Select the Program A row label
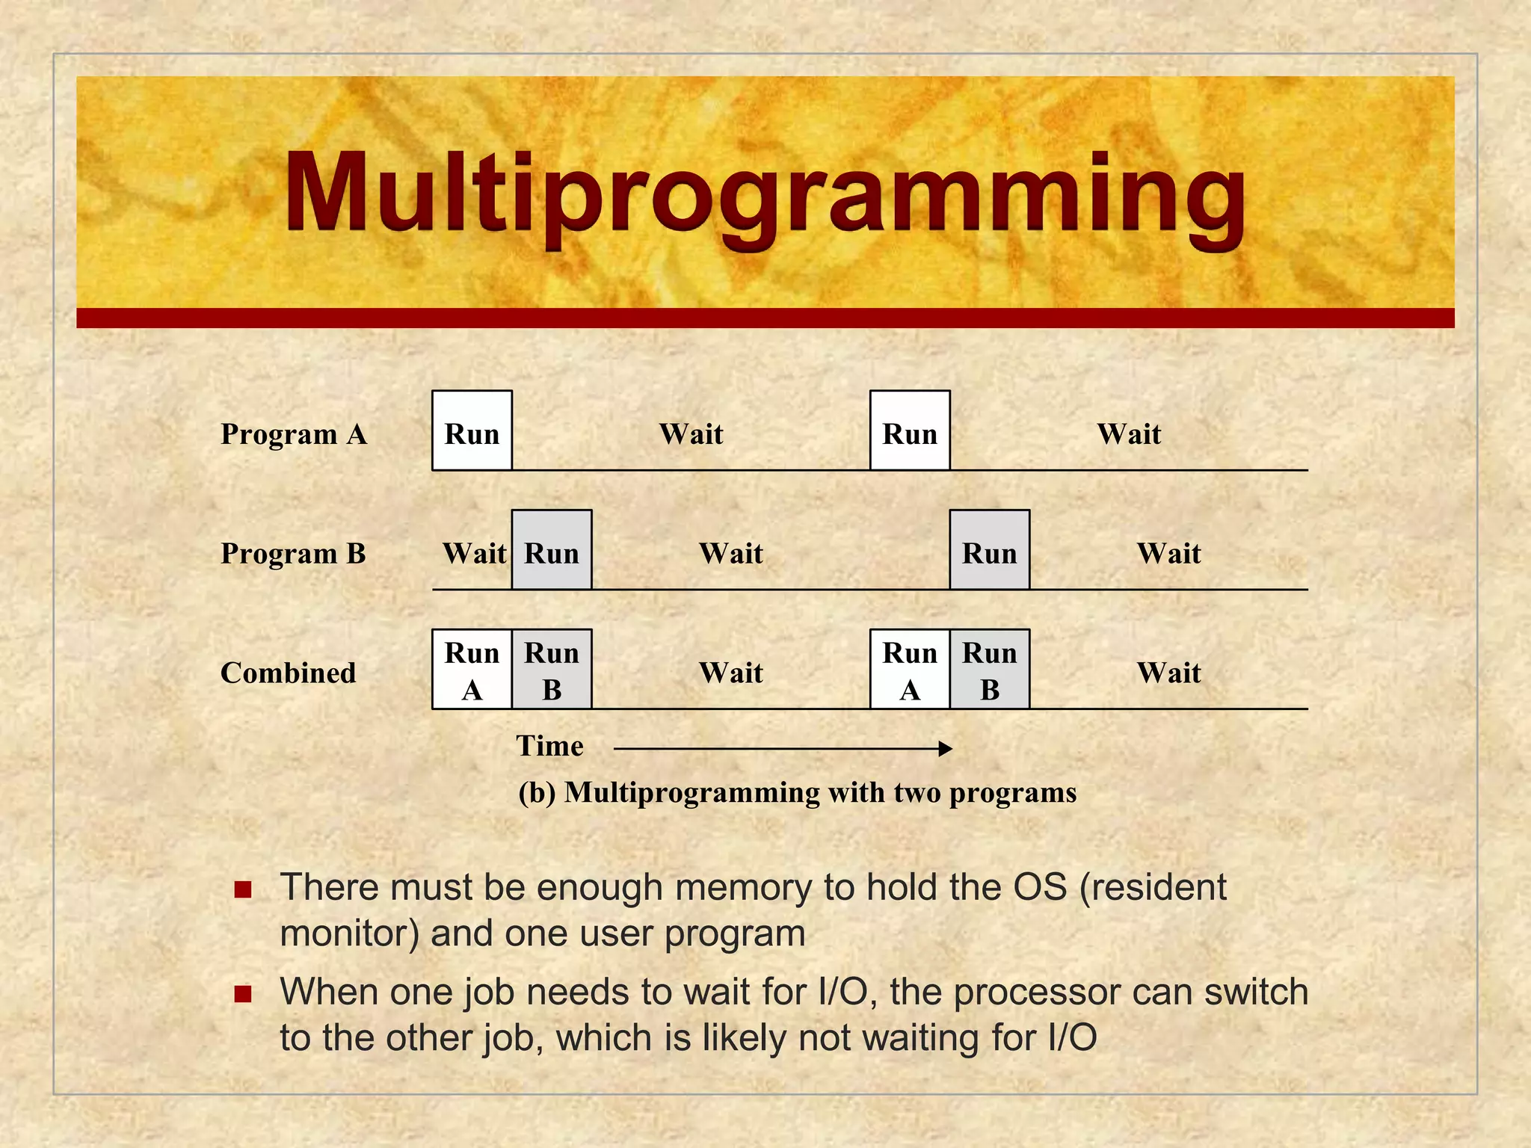tap(294, 434)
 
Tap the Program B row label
tap(293, 554)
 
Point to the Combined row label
tap(288, 673)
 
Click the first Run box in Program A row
tap(472, 430)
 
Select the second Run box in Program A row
tap(910, 430)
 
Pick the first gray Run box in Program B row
tap(552, 550)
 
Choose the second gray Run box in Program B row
tap(990, 550)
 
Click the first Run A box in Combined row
tap(472, 670)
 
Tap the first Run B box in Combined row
tap(552, 670)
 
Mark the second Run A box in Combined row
tap(910, 670)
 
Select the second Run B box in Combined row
tap(990, 670)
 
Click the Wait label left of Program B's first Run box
tap(474, 554)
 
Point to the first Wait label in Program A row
tap(691, 434)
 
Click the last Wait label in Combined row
tap(1168, 673)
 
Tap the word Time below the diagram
tap(549, 746)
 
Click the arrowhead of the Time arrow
tap(946, 748)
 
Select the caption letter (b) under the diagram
tap(537, 792)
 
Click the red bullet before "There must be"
tap(242, 889)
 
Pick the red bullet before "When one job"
tap(242, 994)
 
